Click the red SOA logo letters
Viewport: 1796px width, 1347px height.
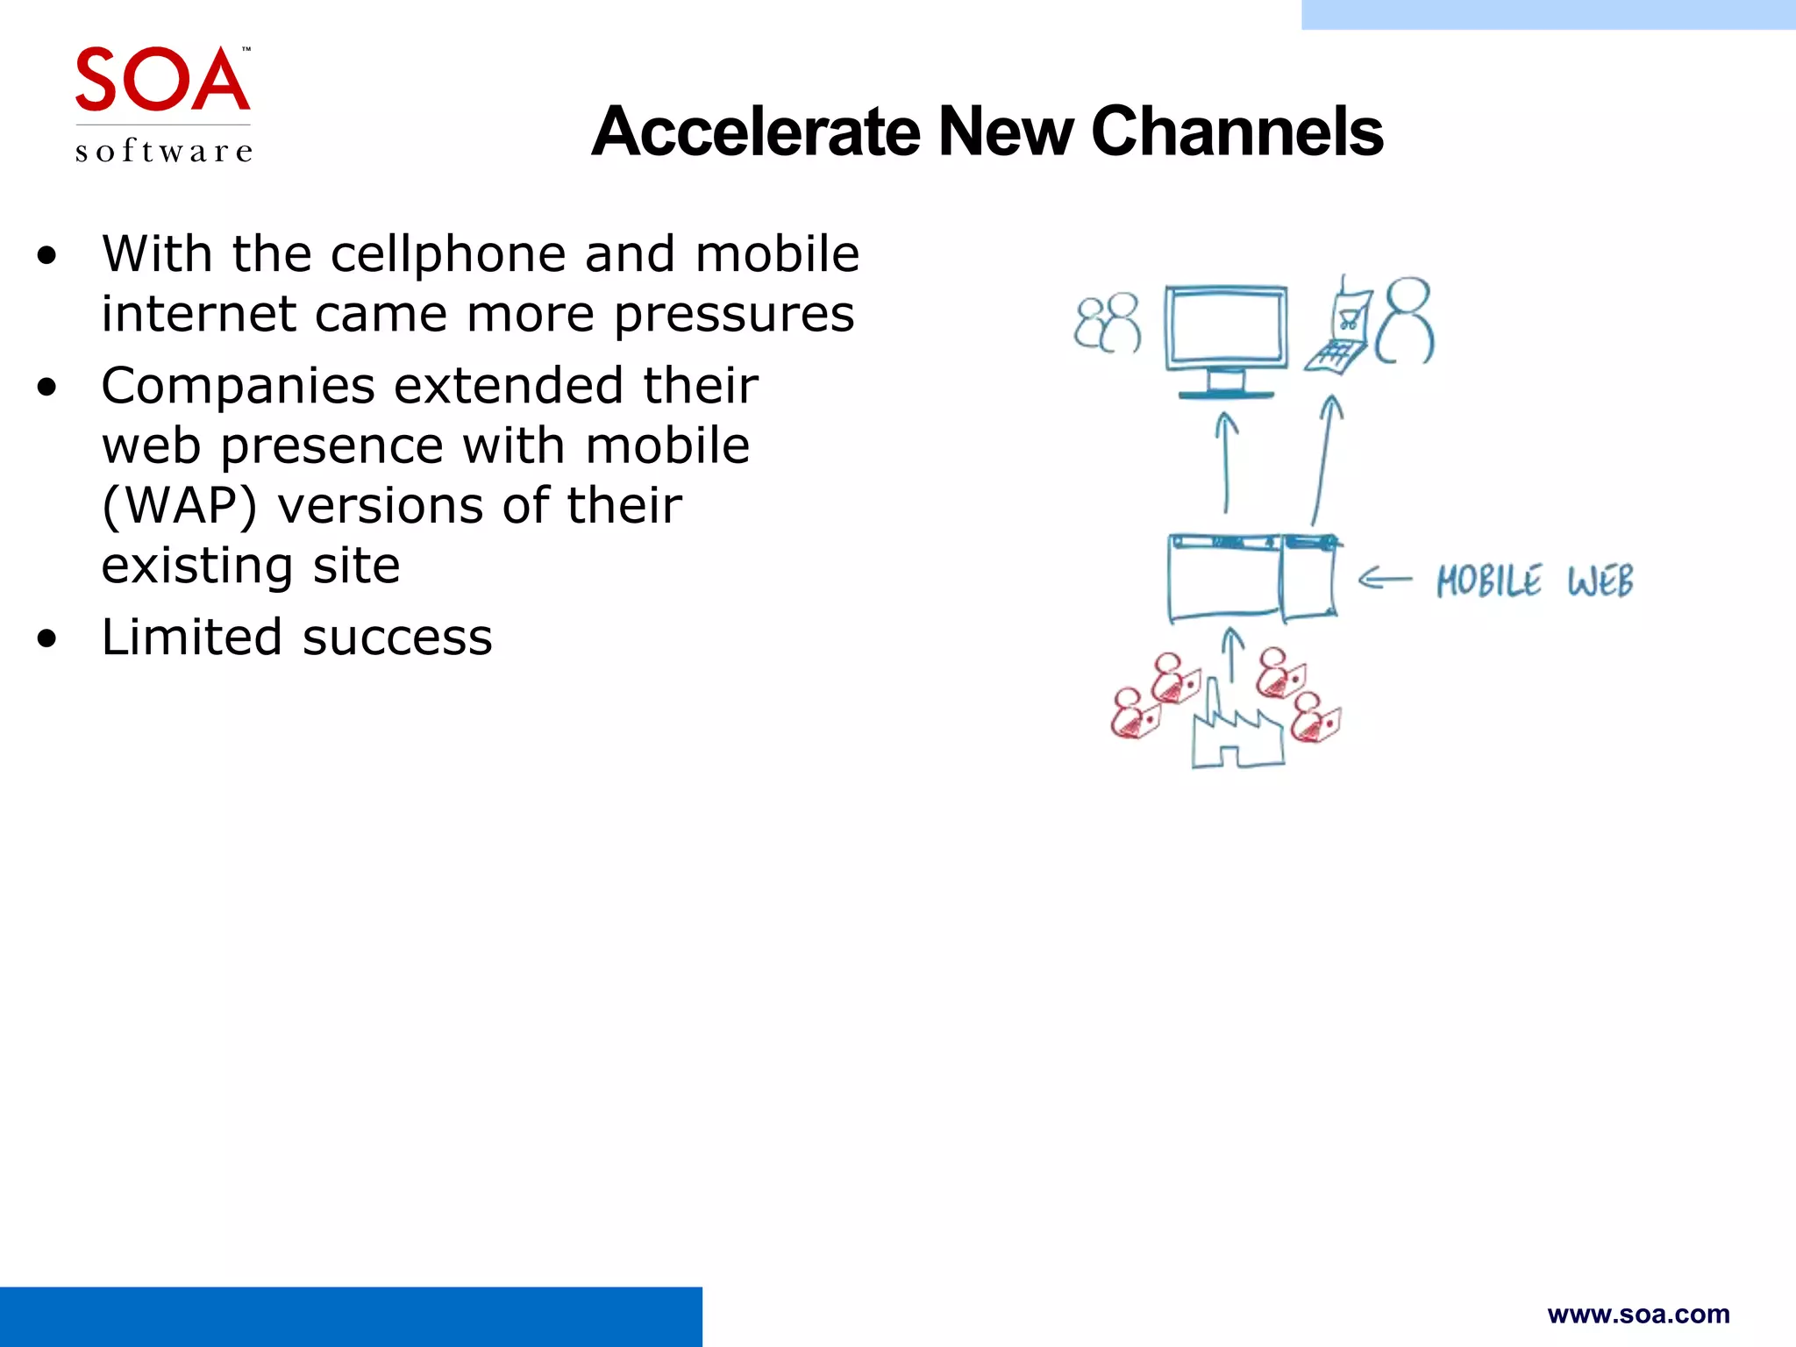pyautogui.click(x=162, y=81)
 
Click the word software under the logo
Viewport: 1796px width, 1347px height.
pyautogui.click(x=164, y=152)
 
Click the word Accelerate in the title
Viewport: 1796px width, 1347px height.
pyautogui.click(x=755, y=132)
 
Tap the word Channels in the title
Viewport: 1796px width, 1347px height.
pyautogui.click(x=1237, y=132)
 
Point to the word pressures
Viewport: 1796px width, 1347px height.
pyautogui.click(x=733, y=315)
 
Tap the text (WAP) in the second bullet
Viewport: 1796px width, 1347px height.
pyautogui.click(x=179, y=506)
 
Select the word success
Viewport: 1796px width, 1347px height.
pyautogui.click(x=397, y=638)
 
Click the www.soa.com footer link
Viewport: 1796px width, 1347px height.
pyautogui.click(x=1638, y=1314)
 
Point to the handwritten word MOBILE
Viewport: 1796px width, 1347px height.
pyautogui.click(x=1488, y=581)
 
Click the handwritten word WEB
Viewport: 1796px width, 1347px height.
pyautogui.click(x=1600, y=581)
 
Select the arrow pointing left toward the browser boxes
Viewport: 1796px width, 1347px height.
pyautogui.click(x=1385, y=579)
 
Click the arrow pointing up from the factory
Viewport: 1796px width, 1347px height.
pyautogui.click(x=1233, y=653)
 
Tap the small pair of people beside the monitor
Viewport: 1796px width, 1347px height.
pyautogui.click(x=1108, y=323)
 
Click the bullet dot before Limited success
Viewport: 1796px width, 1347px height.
pyautogui.click(x=47, y=639)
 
